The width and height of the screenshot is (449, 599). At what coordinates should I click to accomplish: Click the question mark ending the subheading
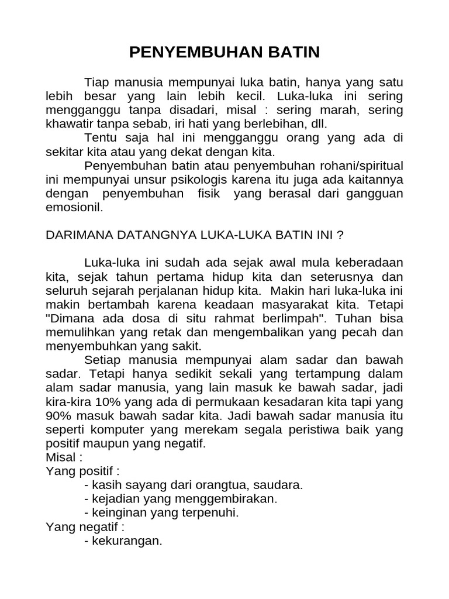pos(339,236)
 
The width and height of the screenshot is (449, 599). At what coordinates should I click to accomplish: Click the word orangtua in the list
pos(224,485)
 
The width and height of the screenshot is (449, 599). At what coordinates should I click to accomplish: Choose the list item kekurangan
pos(126,541)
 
